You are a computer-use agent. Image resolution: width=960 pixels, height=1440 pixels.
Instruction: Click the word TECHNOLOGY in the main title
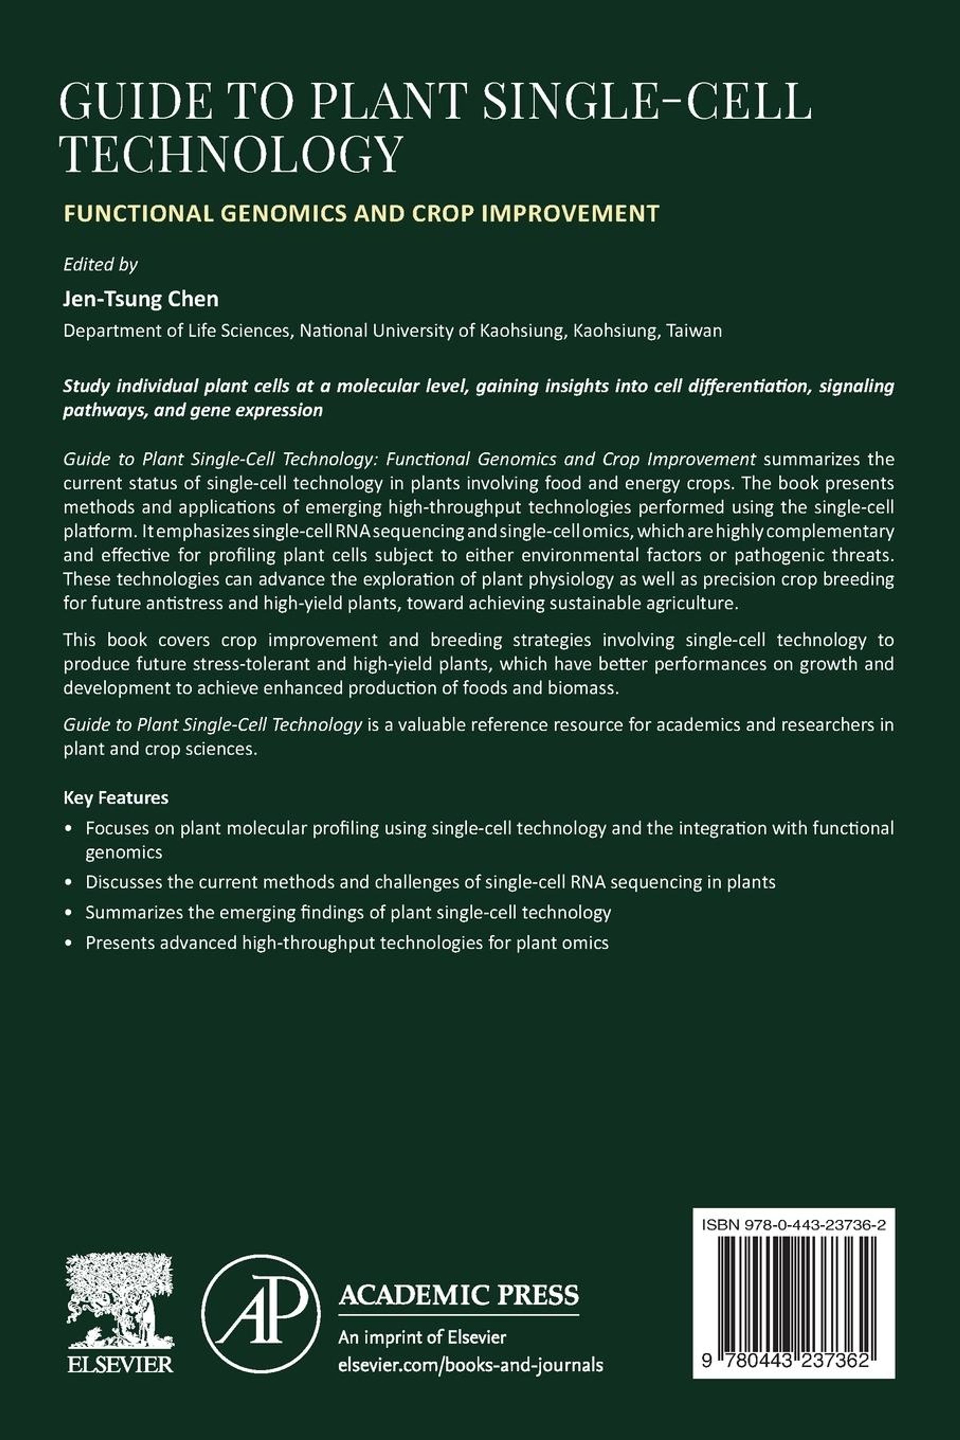233,154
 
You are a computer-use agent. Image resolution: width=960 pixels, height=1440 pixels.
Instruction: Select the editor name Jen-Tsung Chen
141,299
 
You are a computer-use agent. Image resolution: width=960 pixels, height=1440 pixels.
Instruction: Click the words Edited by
100,264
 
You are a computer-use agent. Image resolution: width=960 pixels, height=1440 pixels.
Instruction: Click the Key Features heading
116,798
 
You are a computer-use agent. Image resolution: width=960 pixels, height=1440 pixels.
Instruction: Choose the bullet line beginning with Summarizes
348,912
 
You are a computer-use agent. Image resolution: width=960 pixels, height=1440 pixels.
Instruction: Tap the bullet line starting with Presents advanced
346,942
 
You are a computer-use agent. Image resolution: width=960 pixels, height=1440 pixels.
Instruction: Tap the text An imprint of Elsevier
422,1338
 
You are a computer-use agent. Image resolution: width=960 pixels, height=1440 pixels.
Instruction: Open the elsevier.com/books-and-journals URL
470,1365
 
